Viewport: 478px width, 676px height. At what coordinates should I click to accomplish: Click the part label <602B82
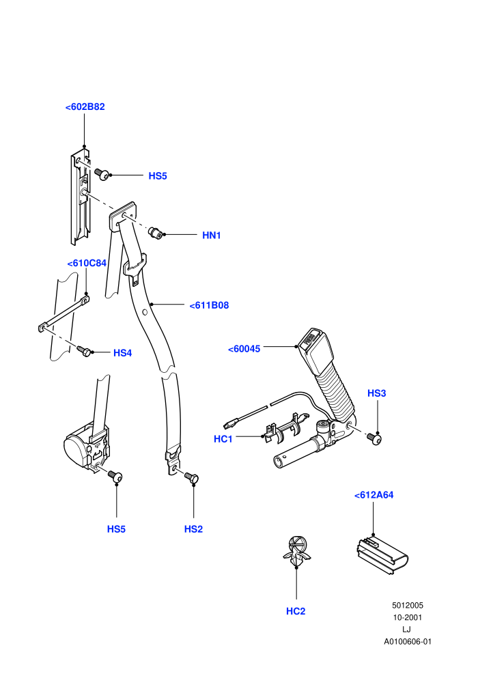pos(85,107)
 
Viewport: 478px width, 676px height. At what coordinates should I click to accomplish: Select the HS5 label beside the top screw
pos(158,176)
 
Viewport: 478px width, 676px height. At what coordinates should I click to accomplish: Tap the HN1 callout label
pos(212,236)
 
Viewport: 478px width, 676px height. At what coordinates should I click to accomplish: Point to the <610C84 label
pos(87,263)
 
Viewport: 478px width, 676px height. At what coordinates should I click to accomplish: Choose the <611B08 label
pos(209,305)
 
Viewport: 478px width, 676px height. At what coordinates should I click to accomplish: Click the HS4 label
pos(122,353)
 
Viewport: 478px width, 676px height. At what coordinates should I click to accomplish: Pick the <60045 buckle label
pos(244,349)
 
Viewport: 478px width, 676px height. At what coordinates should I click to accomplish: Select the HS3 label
pos(377,393)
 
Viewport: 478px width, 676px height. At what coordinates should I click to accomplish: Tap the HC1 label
pos(223,439)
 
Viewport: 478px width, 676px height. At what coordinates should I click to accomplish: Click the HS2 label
pos(193,529)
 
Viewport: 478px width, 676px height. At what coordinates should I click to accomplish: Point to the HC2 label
pos(296,611)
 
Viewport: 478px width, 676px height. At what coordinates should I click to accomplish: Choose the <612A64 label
pos(374,495)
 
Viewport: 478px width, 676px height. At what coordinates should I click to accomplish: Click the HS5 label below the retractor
pos(116,529)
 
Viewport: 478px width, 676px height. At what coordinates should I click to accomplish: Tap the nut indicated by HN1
pos(156,233)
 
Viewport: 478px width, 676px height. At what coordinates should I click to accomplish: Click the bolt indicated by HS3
pos(374,438)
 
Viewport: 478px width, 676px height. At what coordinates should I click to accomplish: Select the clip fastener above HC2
pos(297,552)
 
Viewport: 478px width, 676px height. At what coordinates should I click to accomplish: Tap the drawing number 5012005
pos(408,605)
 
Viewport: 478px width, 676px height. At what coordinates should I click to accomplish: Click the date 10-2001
pos(408,617)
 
